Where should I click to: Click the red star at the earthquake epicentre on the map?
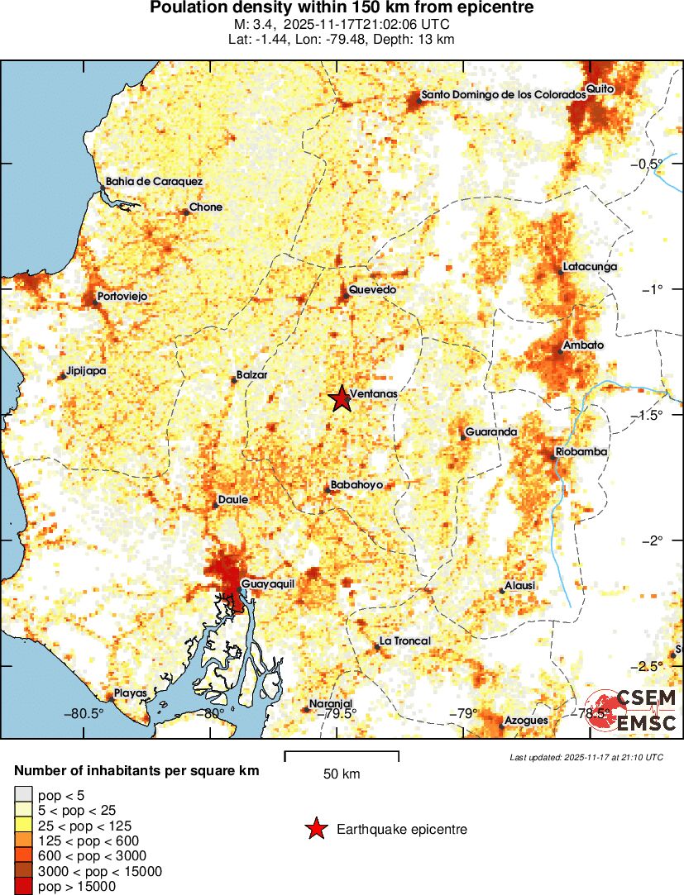pos(340,399)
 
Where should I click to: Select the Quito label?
pos(598,88)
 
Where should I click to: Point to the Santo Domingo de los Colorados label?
pos(504,95)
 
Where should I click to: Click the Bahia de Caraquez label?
pos(154,182)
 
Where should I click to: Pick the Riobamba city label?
pos(582,452)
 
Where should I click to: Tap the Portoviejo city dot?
pos(95,303)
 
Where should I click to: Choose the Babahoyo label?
pos(356,485)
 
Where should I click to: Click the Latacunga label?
pos(589,267)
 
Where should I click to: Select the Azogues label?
pos(526,721)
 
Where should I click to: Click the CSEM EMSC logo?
pos(633,710)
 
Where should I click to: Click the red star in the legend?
pos(315,829)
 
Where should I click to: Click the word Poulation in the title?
pos(188,8)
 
